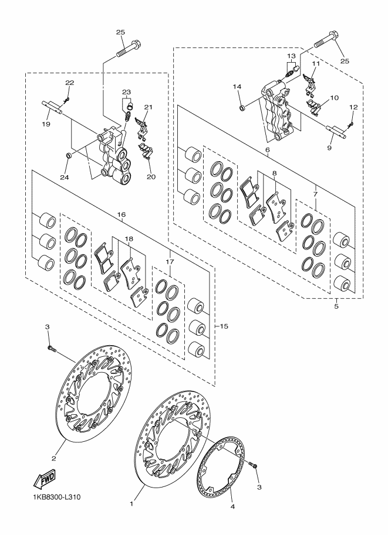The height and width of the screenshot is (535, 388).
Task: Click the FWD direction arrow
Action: point(44,479)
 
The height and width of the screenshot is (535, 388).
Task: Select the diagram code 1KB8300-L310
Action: point(52,497)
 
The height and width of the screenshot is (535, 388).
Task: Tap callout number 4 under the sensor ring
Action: point(232,507)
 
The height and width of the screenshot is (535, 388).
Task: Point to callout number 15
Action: point(224,326)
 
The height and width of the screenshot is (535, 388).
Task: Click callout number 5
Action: point(336,306)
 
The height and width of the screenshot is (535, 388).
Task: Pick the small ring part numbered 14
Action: point(242,108)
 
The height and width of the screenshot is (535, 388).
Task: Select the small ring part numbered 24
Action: point(68,156)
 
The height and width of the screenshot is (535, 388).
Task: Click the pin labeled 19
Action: point(53,106)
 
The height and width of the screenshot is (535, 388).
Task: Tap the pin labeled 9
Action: point(335,132)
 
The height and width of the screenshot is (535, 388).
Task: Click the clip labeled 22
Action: point(67,99)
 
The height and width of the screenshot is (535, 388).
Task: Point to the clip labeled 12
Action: point(350,125)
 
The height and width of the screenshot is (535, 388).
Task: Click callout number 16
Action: point(122,214)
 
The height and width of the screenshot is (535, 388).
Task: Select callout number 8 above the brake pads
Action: point(275,173)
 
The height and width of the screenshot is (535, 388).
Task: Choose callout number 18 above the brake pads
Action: point(129,239)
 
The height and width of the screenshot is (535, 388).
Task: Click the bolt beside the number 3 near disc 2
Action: point(52,348)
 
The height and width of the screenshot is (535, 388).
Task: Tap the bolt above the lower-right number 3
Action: point(254,465)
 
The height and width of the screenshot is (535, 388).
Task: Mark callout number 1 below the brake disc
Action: point(131,503)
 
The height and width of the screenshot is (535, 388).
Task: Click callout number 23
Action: point(126,92)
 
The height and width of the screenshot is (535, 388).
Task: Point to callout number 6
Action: point(267,150)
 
